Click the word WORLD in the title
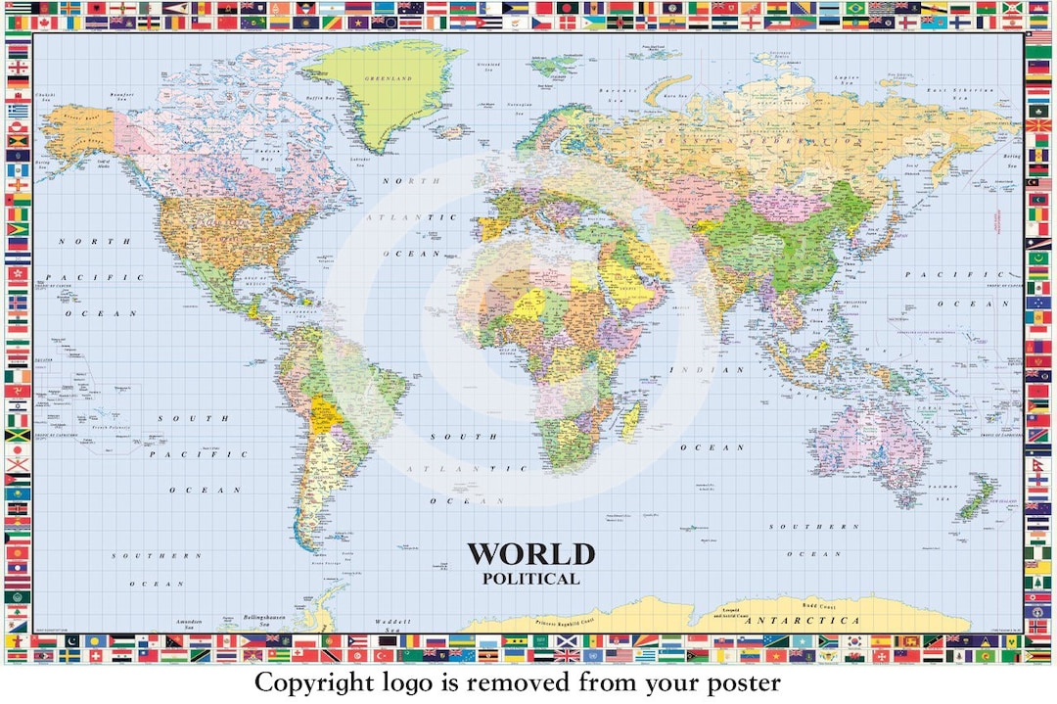[x=529, y=554]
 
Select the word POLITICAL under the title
[x=530, y=579]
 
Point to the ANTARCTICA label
[x=802, y=620]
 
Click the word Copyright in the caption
[x=310, y=682]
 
